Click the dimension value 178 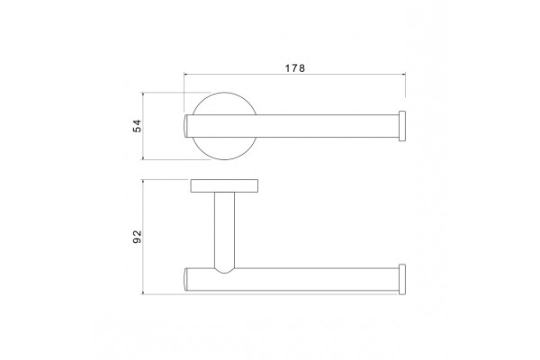point(295,68)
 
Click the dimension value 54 point(137,126)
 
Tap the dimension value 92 point(137,237)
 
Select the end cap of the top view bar point(402,126)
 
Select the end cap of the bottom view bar point(402,279)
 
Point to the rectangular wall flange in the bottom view point(224,185)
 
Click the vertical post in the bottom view point(224,230)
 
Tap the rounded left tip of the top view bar point(184,126)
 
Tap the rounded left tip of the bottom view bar point(184,279)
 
